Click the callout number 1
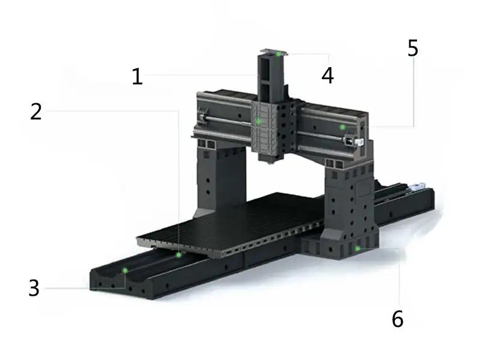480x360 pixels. [x=137, y=76]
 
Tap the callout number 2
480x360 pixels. [x=36, y=112]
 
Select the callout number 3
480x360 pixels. [x=34, y=288]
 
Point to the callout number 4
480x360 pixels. [x=327, y=76]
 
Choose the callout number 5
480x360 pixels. [x=413, y=48]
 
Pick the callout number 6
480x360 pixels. [x=398, y=319]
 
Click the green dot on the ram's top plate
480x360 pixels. [x=278, y=54]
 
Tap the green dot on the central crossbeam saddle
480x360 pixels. [x=259, y=121]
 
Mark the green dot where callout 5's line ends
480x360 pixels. [x=343, y=127]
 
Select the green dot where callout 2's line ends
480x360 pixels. [x=178, y=254]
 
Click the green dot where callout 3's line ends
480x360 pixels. [x=125, y=271]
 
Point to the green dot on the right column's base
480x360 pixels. [x=357, y=248]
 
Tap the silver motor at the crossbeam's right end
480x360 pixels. [x=359, y=142]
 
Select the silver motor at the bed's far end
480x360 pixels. [x=418, y=186]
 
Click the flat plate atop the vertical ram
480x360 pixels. [x=274, y=53]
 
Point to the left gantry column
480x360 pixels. [x=220, y=181]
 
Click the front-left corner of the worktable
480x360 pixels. [x=137, y=239]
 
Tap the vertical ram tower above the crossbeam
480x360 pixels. [x=271, y=78]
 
